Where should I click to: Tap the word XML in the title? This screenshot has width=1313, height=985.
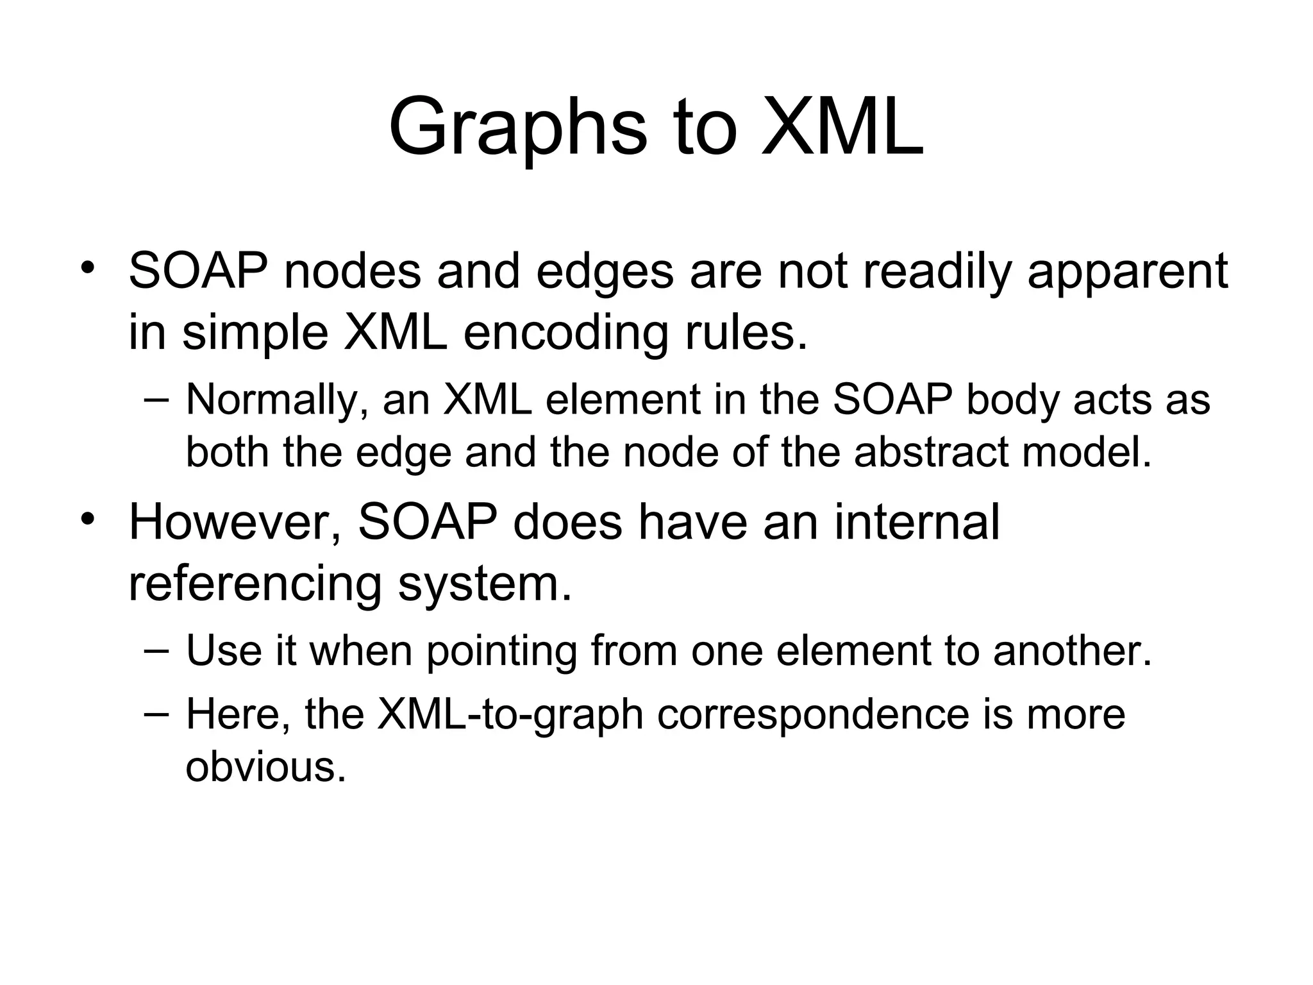842,126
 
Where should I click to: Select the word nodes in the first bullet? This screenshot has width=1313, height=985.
353,272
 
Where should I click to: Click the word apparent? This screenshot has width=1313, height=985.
1128,272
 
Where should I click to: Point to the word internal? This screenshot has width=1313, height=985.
917,522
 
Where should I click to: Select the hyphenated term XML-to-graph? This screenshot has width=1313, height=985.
510,714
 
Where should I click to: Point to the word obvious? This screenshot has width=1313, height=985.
265,766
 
